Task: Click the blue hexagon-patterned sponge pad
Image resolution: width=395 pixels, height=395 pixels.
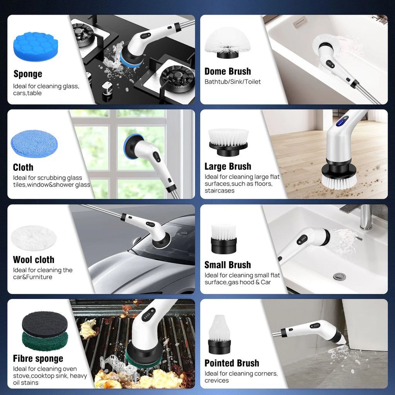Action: point(35,46)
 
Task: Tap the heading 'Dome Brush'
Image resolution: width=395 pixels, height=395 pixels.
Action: point(228,71)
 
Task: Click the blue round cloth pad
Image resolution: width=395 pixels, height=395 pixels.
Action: point(34,143)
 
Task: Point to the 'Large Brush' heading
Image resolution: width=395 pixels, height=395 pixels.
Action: point(228,167)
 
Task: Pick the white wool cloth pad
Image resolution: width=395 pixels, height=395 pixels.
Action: point(34,238)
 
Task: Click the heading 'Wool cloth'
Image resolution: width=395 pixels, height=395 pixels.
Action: point(34,260)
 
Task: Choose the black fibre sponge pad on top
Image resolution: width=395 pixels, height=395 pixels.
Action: point(45,324)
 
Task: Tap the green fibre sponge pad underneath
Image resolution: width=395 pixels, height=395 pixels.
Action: point(45,342)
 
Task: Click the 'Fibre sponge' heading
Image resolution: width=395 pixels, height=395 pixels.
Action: point(38,358)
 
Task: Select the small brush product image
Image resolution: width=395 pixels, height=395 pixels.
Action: point(224,239)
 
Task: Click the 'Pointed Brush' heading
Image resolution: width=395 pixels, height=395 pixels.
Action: point(232,363)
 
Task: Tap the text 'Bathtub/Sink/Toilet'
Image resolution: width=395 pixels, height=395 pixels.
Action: point(233,82)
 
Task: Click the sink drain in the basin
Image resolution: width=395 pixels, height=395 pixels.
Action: point(339,277)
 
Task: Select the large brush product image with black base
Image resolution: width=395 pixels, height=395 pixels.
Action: point(228,142)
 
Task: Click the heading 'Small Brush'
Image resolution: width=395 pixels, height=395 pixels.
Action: point(228,265)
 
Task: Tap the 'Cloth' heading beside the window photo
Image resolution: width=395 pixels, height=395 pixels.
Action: point(23,167)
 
